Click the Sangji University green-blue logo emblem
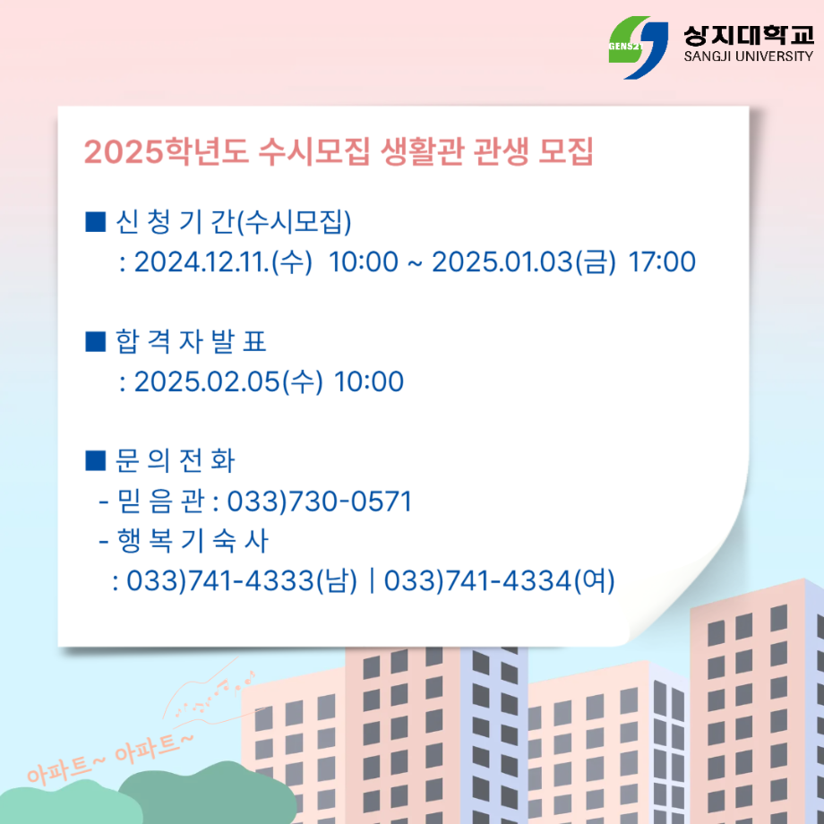(638, 47)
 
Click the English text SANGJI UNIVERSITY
(747, 56)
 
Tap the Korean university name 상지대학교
(747, 34)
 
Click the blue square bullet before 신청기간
(94, 220)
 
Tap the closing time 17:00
(662, 262)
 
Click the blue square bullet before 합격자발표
(94, 341)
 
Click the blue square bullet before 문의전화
(94, 460)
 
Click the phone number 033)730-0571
(320, 502)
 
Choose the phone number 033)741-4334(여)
(500, 581)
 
